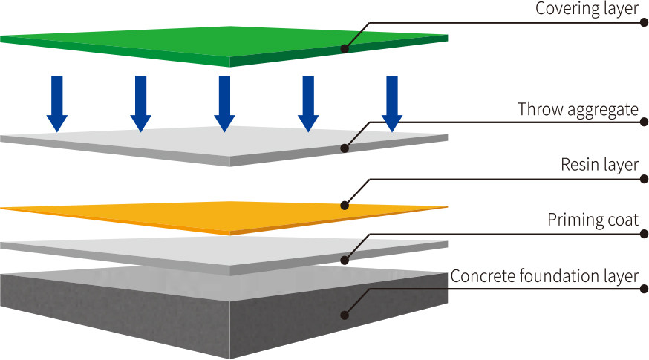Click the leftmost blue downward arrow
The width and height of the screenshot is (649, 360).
(56, 104)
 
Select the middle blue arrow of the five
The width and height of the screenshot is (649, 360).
(224, 104)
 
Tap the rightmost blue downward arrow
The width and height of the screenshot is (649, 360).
(392, 104)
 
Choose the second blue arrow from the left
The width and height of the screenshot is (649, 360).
(141, 104)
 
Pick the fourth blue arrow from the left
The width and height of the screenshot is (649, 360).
(308, 104)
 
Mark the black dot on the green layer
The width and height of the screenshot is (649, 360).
(345, 48)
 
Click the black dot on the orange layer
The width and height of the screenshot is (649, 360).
(345, 205)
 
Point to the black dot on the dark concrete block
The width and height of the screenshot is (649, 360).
(345, 315)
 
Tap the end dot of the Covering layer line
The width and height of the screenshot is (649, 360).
(644, 22)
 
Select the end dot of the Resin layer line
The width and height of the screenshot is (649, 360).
(644, 179)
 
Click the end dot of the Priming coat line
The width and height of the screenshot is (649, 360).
(644, 234)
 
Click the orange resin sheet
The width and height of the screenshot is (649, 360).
(224, 218)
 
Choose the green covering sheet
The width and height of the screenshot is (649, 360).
(224, 46)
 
